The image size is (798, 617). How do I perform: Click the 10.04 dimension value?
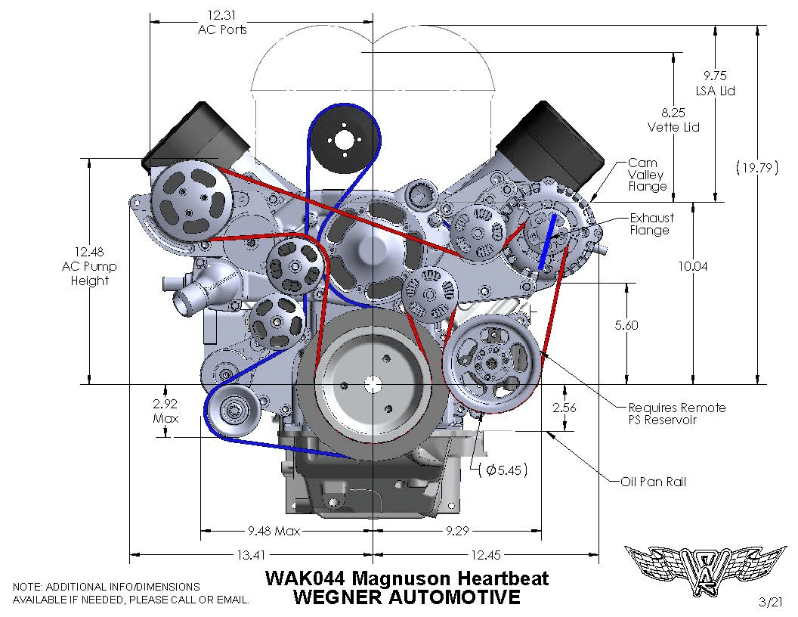694,266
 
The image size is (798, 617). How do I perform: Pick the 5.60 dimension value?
626,325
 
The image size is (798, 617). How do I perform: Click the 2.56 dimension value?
564,407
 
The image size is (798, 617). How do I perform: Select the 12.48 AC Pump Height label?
90,266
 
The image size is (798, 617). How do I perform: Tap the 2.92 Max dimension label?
165,410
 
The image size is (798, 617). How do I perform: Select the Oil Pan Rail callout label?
653,482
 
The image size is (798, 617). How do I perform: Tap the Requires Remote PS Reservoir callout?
666,414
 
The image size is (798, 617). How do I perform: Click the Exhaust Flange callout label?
651,224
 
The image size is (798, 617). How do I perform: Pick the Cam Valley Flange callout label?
648,175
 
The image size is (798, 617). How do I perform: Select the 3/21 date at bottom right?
772,602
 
